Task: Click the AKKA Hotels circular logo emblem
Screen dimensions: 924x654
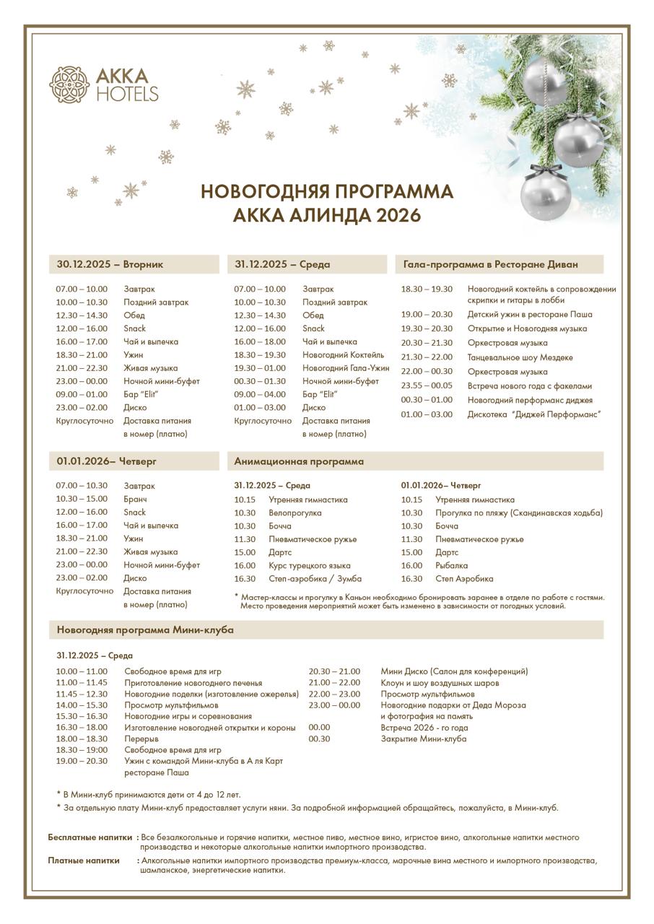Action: coord(69,84)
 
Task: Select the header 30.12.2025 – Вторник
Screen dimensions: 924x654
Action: coord(110,264)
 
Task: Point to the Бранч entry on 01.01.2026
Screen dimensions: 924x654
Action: coord(136,499)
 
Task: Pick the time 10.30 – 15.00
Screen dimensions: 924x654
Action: coord(82,499)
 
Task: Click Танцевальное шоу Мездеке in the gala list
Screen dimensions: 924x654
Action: coord(520,357)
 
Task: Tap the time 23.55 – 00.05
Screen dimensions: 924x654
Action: coord(427,385)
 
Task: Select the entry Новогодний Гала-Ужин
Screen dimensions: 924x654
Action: coord(346,368)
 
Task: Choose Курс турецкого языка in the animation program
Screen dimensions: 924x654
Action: coord(309,565)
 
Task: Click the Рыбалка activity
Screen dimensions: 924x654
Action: coord(451,565)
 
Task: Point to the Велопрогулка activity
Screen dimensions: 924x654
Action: coord(295,513)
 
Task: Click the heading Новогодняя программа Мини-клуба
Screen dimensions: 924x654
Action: coord(145,629)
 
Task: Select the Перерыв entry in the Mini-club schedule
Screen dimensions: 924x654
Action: coord(141,738)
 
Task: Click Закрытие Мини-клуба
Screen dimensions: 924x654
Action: coord(423,738)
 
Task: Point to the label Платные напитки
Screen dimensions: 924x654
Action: coord(84,860)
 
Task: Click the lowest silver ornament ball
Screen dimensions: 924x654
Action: coord(546,193)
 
